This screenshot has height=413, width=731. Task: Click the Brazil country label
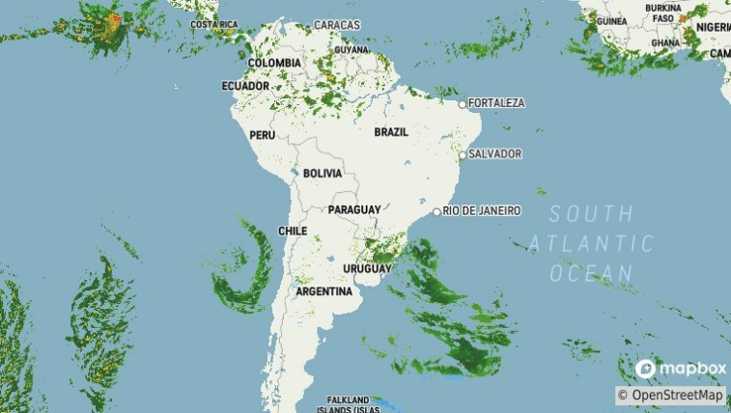pyautogui.click(x=391, y=132)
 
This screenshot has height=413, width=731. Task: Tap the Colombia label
pyautogui.click(x=273, y=63)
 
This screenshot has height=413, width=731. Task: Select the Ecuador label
pyautogui.click(x=245, y=86)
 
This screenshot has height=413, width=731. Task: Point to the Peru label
pyautogui.click(x=263, y=135)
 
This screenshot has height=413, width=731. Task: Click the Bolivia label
pyautogui.click(x=323, y=174)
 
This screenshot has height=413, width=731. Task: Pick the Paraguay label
pyautogui.click(x=354, y=209)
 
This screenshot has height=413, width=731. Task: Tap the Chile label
pyautogui.click(x=293, y=232)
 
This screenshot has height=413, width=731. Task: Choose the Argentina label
pyautogui.click(x=323, y=291)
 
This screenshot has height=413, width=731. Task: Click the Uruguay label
pyautogui.click(x=368, y=269)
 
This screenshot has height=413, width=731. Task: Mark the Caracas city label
pyautogui.click(x=337, y=25)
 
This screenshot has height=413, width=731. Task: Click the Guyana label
pyautogui.click(x=352, y=49)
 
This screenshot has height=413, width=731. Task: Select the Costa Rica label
pyautogui.click(x=214, y=24)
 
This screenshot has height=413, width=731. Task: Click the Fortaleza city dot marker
pyautogui.click(x=463, y=104)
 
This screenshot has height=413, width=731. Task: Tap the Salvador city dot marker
pyautogui.click(x=463, y=154)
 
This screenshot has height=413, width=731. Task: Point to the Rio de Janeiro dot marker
pyautogui.click(x=437, y=211)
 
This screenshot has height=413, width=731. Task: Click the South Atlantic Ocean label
pyautogui.click(x=592, y=243)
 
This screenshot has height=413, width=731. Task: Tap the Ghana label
pyautogui.click(x=664, y=43)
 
